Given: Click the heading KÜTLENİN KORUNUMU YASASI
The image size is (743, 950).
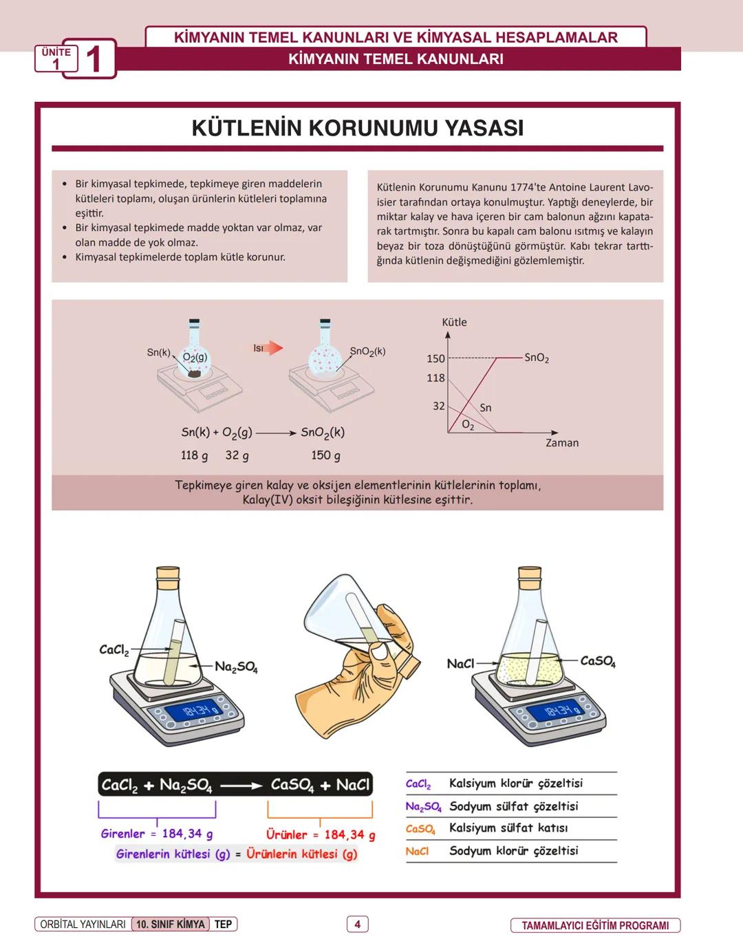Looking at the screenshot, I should click(x=357, y=129).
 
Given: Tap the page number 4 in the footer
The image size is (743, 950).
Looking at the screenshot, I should click(x=357, y=924).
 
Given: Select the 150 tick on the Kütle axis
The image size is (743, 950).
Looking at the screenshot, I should click(x=435, y=358).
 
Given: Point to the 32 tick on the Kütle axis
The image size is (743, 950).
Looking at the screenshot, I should click(x=438, y=406).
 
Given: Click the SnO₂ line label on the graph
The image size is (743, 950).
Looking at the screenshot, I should click(x=536, y=358).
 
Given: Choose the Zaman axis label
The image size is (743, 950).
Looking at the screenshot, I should click(x=561, y=443).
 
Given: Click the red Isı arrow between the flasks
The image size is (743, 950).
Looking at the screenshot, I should click(x=273, y=348).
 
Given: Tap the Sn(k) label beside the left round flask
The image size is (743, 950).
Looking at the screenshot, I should click(x=158, y=352).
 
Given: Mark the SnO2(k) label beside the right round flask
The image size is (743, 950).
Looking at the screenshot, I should click(x=367, y=352).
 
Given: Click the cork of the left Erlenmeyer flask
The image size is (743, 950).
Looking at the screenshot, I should click(x=168, y=574).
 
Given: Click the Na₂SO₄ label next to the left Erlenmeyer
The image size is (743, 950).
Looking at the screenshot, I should click(x=236, y=667).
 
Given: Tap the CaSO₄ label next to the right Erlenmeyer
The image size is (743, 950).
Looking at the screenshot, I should click(x=597, y=661).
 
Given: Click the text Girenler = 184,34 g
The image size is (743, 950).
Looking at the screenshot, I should click(x=156, y=834).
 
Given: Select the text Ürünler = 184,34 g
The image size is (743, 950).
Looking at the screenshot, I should click(x=321, y=834).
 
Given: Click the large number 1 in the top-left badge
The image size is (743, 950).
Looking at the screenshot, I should click(x=94, y=59).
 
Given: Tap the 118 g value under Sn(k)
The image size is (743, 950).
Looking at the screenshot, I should click(x=194, y=455).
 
